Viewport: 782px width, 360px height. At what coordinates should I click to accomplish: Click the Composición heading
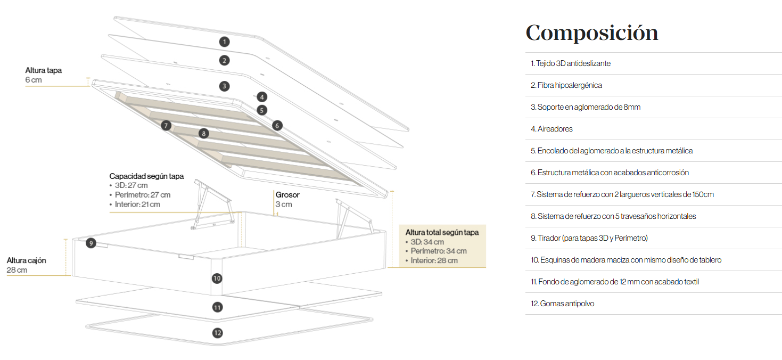click(592, 33)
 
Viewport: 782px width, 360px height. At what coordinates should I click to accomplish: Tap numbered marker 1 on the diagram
click(225, 42)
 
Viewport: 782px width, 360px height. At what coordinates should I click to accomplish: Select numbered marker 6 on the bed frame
click(277, 126)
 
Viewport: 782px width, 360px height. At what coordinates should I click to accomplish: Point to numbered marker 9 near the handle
click(91, 243)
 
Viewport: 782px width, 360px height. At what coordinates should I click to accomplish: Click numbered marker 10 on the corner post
click(217, 279)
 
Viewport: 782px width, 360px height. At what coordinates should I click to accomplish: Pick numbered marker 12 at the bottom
click(218, 333)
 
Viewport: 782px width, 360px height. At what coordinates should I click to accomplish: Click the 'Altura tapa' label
click(43, 70)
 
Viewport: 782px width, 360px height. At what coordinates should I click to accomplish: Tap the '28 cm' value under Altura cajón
click(17, 270)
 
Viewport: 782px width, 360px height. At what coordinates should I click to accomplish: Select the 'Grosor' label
click(287, 195)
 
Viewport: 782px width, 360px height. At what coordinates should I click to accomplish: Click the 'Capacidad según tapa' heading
click(146, 176)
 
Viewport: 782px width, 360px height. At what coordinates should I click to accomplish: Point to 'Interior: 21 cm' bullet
click(137, 204)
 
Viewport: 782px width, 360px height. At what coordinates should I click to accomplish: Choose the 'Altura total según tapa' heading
click(442, 232)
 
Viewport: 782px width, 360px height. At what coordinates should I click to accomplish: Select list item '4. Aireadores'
click(551, 129)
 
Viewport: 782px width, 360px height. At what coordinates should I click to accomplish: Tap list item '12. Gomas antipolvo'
click(562, 304)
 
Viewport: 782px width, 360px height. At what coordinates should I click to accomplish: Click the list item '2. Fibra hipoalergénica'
click(566, 85)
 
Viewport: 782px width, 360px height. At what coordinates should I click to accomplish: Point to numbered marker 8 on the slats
click(204, 133)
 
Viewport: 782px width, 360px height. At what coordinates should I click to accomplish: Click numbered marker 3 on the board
click(225, 86)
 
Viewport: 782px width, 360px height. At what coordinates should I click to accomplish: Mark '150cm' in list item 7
click(703, 194)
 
